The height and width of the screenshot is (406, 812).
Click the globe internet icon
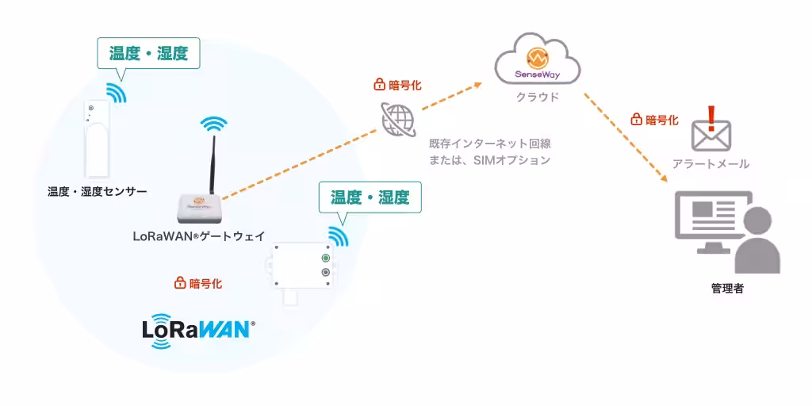pos(399,119)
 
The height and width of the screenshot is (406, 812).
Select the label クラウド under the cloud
pos(538,97)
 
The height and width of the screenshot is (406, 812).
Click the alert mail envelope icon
pos(711,136)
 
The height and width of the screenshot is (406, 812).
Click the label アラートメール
pos(710,164)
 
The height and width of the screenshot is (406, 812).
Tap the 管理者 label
pos(727,289)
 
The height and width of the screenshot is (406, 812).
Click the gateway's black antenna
pos(213,165)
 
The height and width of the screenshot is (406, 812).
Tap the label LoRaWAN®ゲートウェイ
pos(199,236)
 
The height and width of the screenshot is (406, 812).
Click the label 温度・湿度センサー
pos(98,192)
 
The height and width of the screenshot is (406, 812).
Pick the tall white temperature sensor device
pos(98,139)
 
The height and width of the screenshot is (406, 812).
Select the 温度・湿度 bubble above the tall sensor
pos(148,53)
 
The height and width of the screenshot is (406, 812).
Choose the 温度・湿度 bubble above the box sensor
pos(370,197)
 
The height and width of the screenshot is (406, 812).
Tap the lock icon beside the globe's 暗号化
pos(379,84)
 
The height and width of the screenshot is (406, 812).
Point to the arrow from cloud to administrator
pos(626,138)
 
